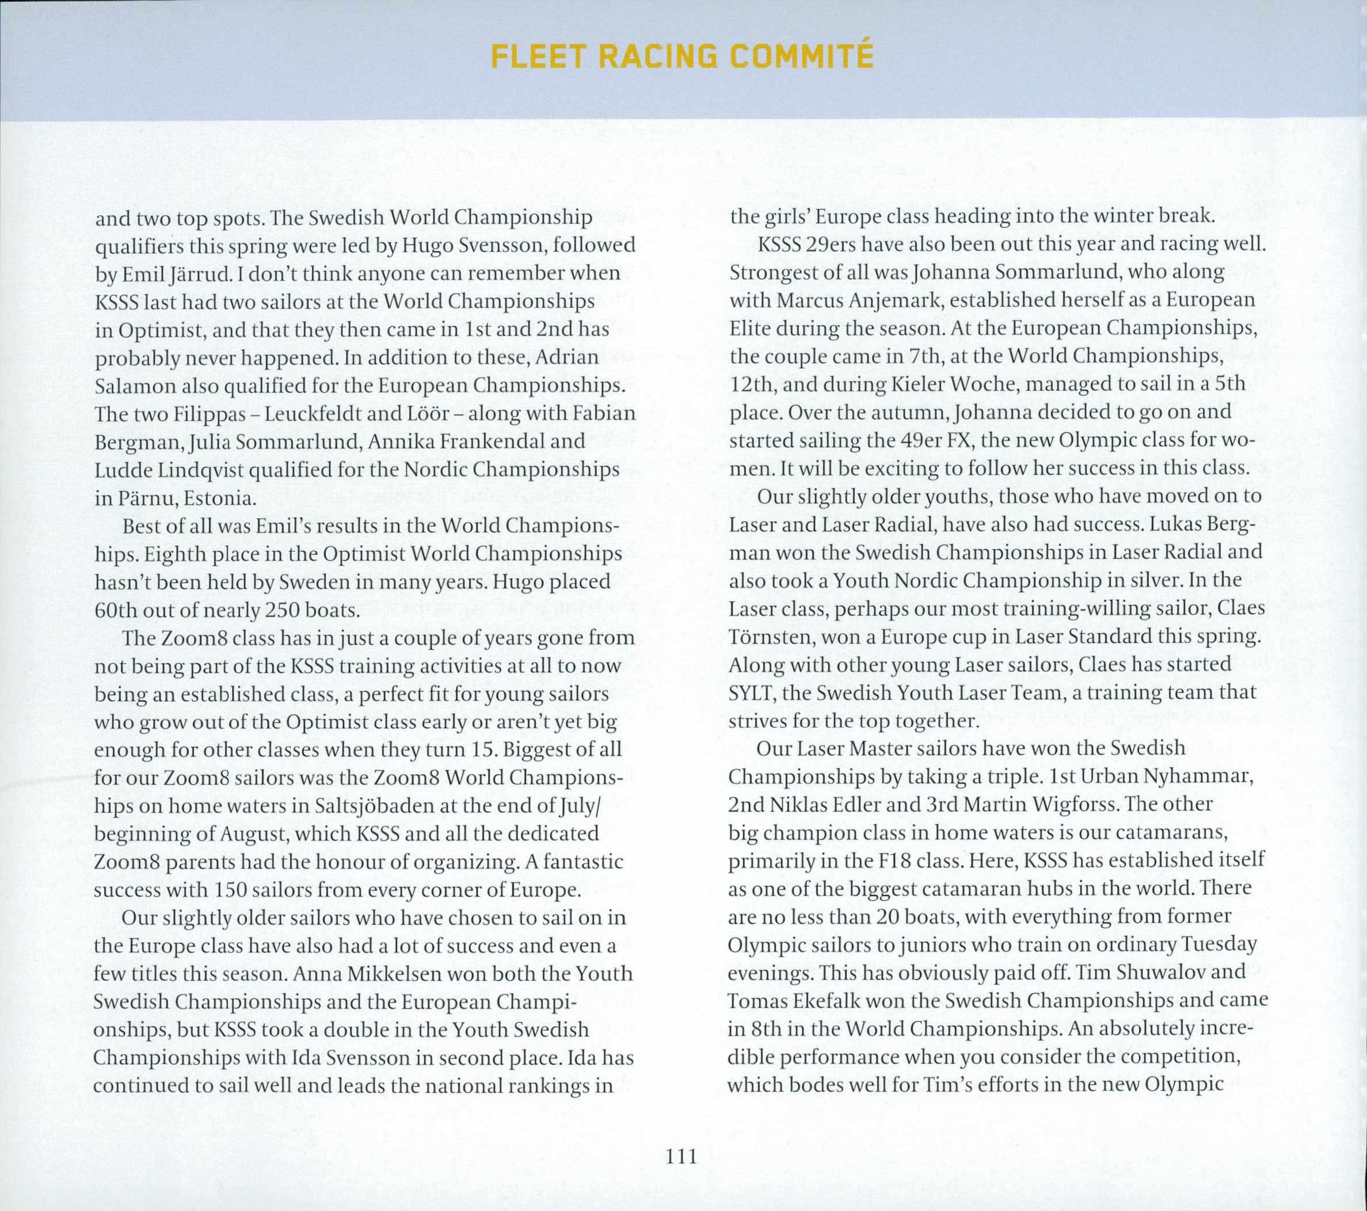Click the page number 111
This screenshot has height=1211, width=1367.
pyautogui.click(x=682, y=1156)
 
